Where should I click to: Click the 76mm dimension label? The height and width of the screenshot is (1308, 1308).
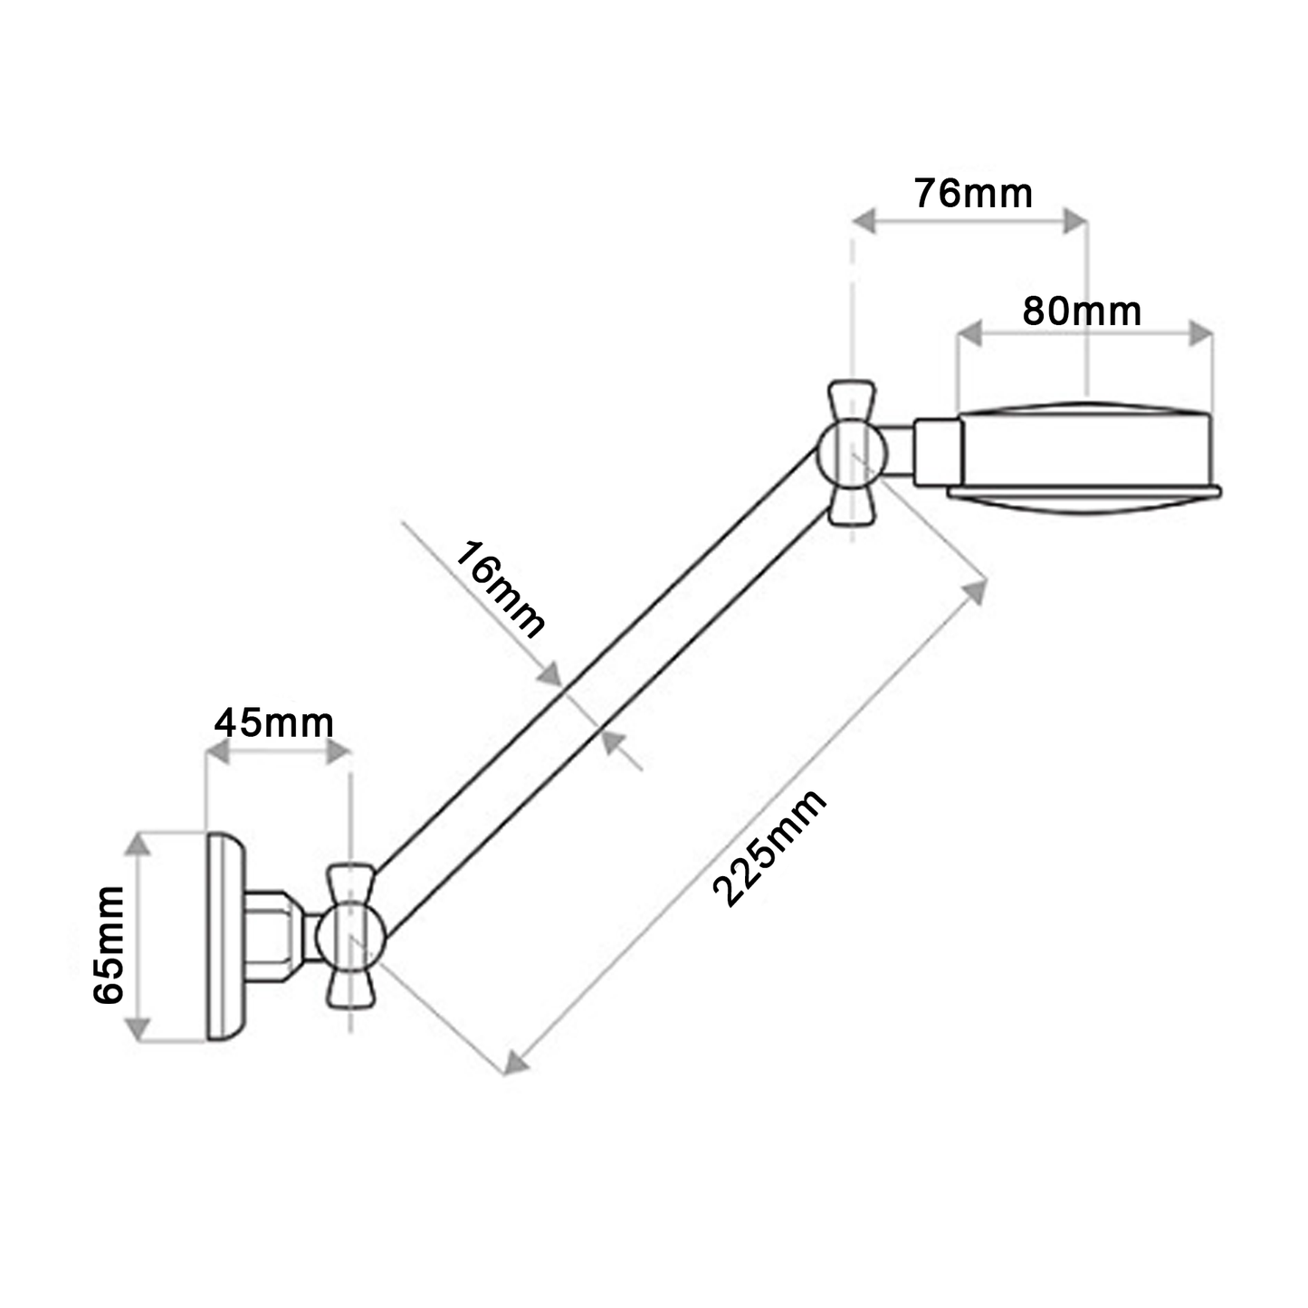(973, 194)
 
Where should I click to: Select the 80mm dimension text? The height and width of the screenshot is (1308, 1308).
(1082, 311)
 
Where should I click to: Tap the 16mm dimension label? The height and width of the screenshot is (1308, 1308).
(499, 589)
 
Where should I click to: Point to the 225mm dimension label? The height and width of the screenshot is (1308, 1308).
(769, 847)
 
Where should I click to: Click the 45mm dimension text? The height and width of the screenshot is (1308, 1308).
(274, 722)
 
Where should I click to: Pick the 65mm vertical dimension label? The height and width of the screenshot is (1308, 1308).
(110, 944)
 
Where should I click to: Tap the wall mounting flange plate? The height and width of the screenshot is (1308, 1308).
(224, 936)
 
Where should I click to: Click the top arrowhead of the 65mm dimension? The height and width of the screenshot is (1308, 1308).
(137, 844)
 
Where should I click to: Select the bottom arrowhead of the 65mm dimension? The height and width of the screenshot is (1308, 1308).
(137, 1029)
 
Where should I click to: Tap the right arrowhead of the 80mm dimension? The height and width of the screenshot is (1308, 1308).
(1201, 333)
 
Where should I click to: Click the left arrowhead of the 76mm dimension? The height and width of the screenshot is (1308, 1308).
(864, 220)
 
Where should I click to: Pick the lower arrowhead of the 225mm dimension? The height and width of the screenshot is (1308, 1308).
(516, 1062)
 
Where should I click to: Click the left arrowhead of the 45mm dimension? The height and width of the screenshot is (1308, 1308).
(218, 751)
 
